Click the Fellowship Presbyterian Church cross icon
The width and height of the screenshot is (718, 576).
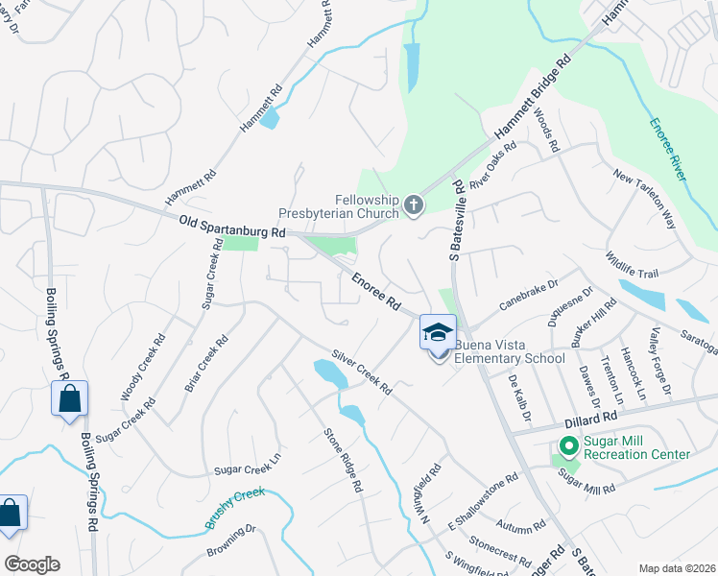[414, 204]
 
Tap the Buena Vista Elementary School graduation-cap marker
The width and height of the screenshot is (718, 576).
[438, 332]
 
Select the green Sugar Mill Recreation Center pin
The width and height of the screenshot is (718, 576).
[567, 446]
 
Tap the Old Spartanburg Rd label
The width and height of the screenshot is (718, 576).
[233, 227]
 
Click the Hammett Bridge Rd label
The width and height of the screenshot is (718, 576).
[532, 97]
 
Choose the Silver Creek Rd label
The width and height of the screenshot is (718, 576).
[361, 372]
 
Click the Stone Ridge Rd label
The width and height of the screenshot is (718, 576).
[343, 460]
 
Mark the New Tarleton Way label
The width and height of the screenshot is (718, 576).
[645, 201]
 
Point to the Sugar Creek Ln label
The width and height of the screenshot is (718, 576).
[247, 470]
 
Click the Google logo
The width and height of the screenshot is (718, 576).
[32, 564]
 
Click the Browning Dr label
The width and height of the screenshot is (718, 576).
[231, 541]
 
